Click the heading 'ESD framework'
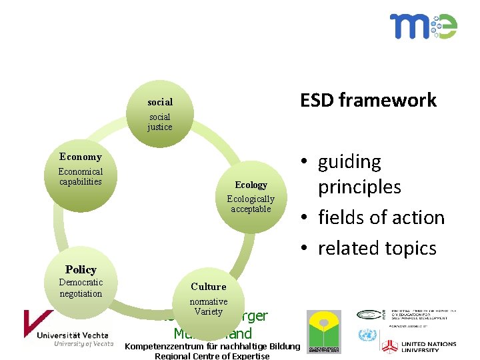pyautogui.click(x=368, y=100)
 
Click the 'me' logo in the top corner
pyautogui.click(x=423, y=26)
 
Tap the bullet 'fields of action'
pyautogui.click(x=381, y=217)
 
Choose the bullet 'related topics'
pyautogui.click(x=377, y=248)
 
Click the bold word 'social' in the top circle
pyautogui.click(x=160, y=102)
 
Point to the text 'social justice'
pyautogui.click(x=160, y=122)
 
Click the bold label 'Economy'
pyautogui.click(x=81, y=157)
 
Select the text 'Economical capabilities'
pyautogui.click(x=81, y=177)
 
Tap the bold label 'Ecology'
pyautogui.click(x=251, y=185)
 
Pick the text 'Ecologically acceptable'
pyautogui.click(x=251, y=204)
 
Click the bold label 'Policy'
pyautogui.click(x=81, y=269)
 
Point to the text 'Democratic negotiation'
pyautogui.click(x=81, y=288)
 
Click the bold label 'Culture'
pyautogui.click(x=209, y=287)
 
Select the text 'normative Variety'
pyautogui.click(x=209, y=307)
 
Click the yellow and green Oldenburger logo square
pyautogui.click(x=323, y=332)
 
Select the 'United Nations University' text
pyautogui.click(x=429, y=347)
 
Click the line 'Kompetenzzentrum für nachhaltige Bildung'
pyautogui.click(x=213, y=346)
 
